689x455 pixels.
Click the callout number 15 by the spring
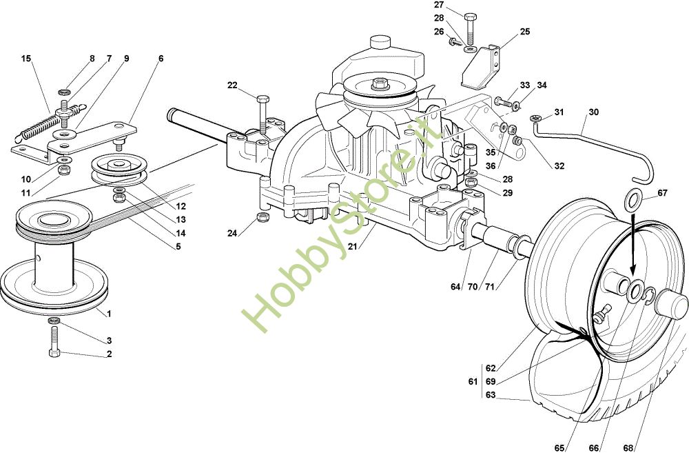click(26, 59)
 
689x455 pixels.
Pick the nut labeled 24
click(262, 219)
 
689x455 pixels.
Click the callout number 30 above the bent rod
click(593, 112)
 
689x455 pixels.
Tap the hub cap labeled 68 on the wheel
click(672, 302)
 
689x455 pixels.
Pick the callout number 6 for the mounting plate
click(161, 59)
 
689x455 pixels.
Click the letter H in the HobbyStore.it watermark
click(257, 316)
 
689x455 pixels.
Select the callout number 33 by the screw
click(525, 85)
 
